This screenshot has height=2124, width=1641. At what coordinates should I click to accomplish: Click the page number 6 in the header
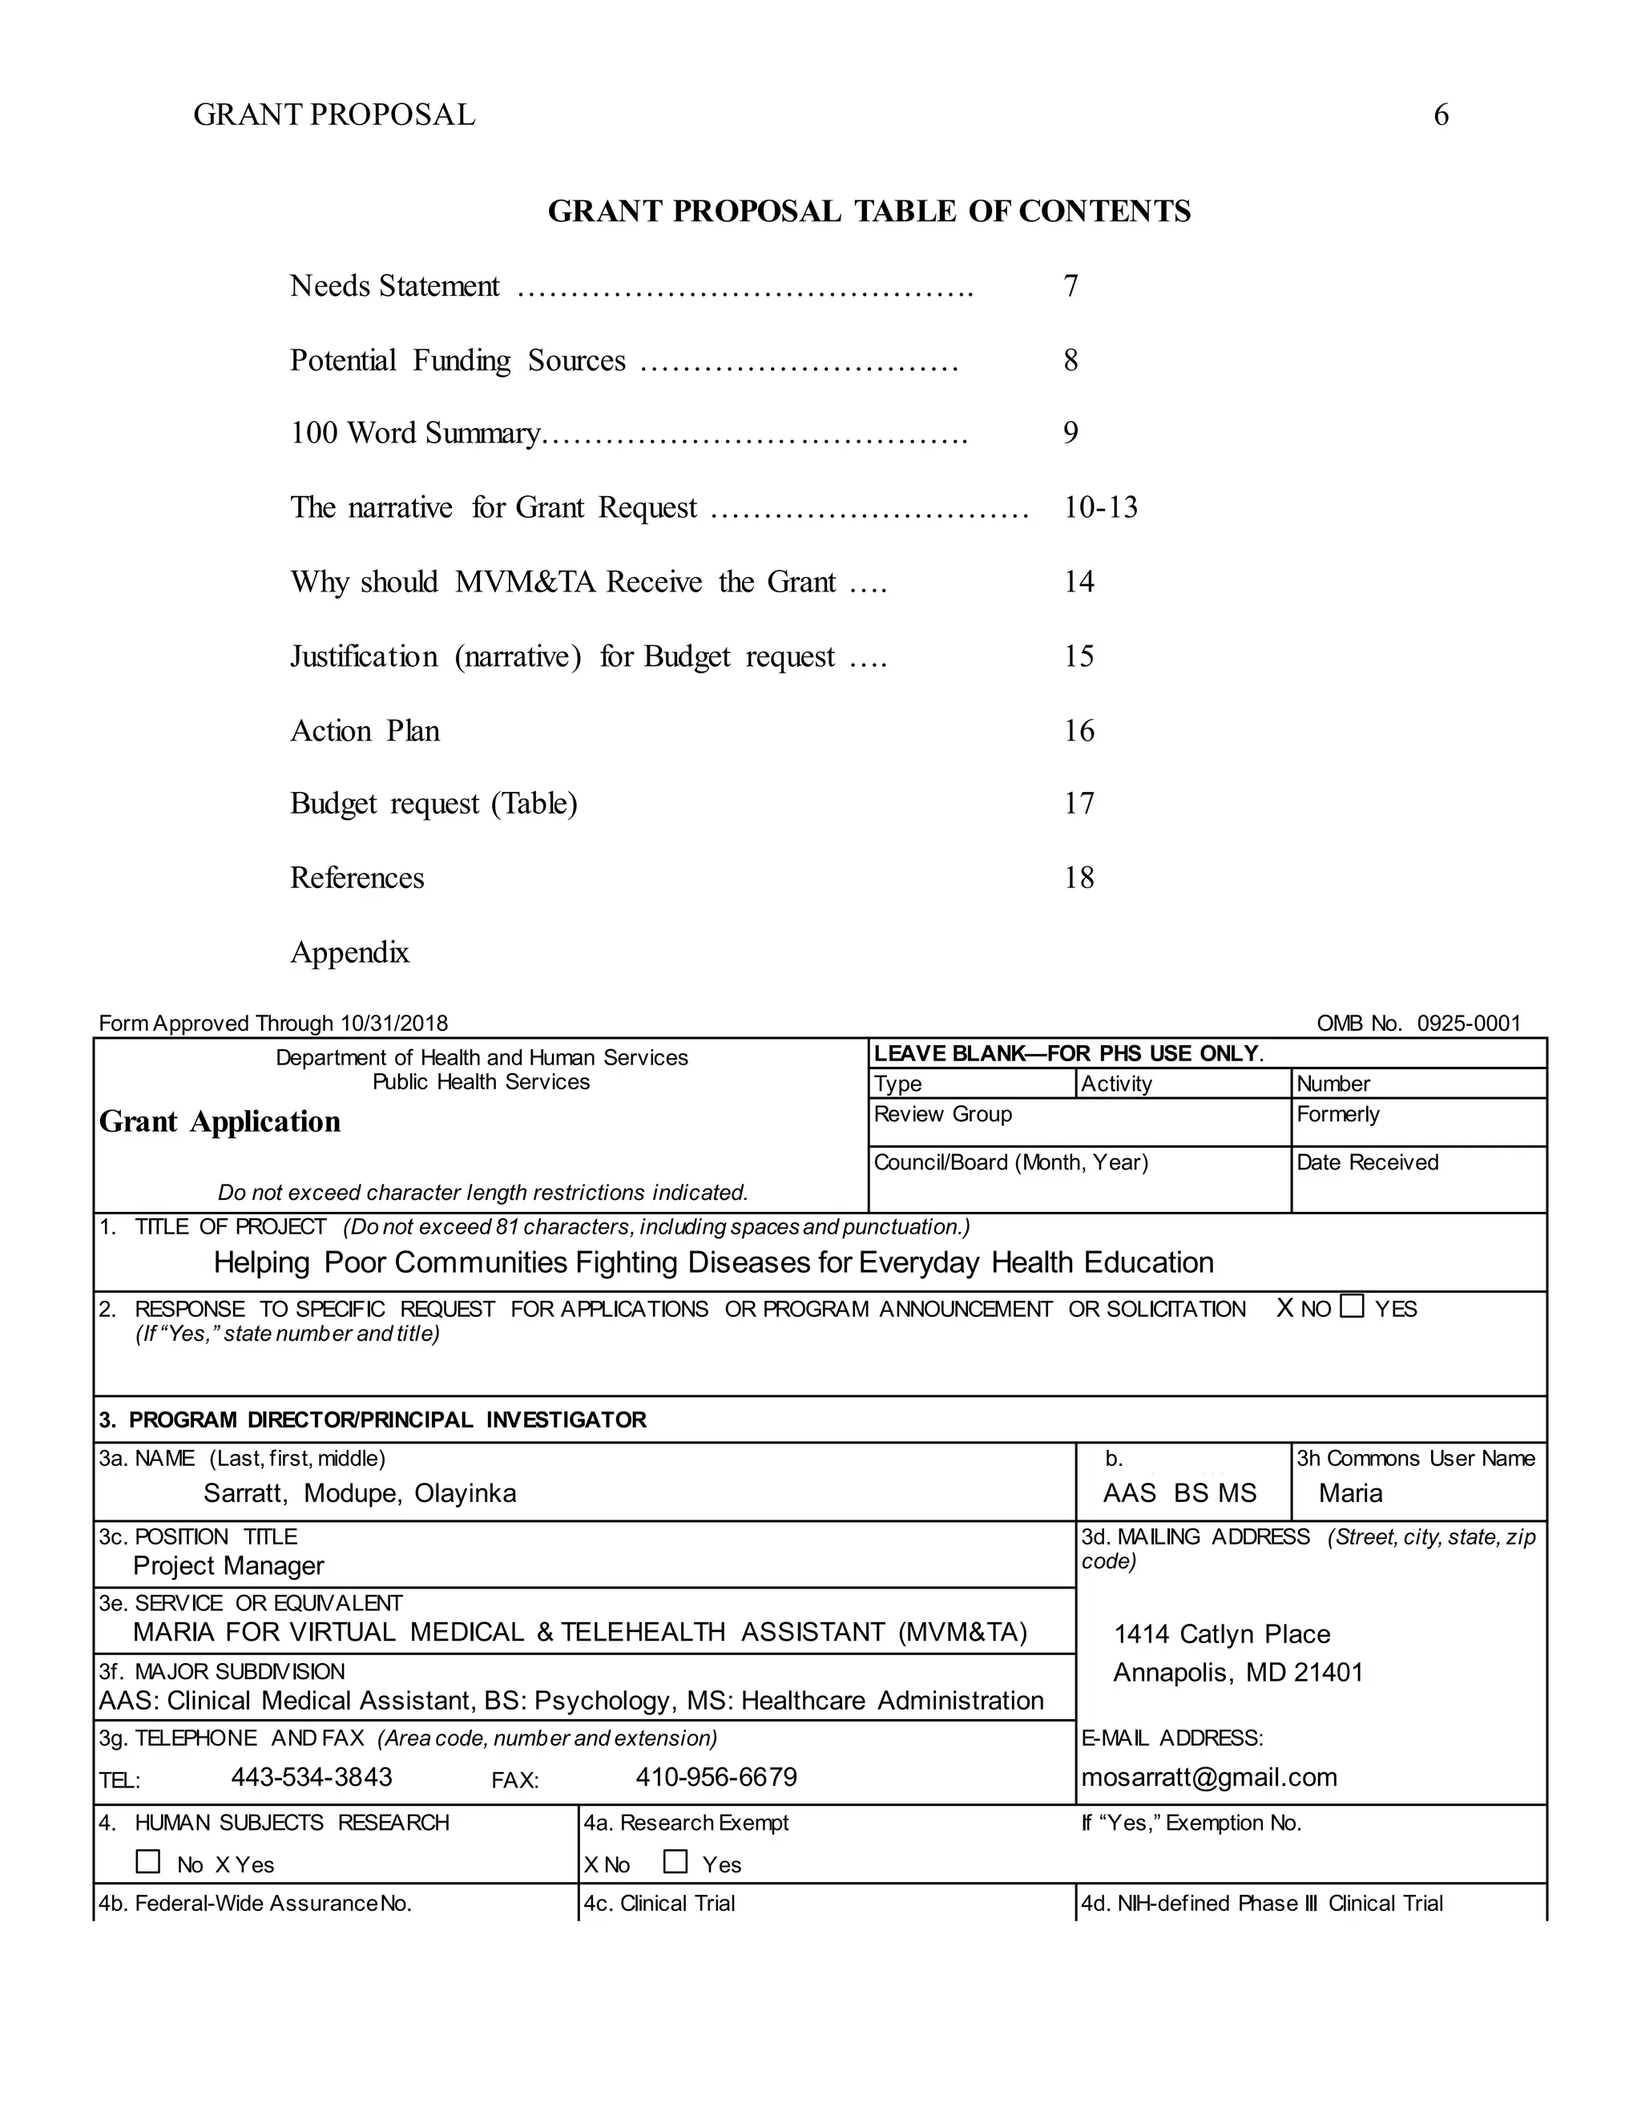coord(1441,115)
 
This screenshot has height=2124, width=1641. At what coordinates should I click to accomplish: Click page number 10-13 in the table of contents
coord(1099,507)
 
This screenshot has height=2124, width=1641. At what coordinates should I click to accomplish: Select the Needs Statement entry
coord(395,286)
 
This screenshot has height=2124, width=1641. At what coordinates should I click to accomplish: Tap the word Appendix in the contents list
coord(350,951)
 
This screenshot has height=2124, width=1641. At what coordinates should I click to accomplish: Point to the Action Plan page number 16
coord(1079,730)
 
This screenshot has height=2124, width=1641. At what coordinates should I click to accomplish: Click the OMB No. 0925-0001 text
coord(1417,1023)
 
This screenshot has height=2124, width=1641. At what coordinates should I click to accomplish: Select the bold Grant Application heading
coord(220,1121)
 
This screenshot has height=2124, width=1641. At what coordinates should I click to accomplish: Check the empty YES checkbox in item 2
coord(1351,1306)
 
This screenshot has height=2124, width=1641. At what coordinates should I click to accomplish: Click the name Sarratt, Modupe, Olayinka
coord(360,1493)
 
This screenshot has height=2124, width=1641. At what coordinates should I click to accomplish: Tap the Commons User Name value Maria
coord(1350,1493)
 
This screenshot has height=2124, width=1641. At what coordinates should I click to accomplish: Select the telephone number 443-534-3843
coord(311,1778)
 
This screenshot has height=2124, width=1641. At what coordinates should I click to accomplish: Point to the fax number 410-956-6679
coord(716,1778)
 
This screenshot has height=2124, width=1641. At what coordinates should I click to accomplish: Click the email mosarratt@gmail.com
coord(1208,1778)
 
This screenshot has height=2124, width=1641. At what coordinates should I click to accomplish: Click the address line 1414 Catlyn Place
coord(1221,1633)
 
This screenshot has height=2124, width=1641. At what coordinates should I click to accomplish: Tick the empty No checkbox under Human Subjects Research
coord(147,1861)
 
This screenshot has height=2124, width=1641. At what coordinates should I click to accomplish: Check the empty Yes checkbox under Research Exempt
coord(675,1861)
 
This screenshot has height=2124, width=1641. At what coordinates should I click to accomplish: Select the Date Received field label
coord(1366,1162)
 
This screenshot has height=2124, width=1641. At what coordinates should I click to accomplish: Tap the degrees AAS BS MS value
coord(1179,1493)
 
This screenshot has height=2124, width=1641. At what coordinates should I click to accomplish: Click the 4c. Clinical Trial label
coord(658,1904)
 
